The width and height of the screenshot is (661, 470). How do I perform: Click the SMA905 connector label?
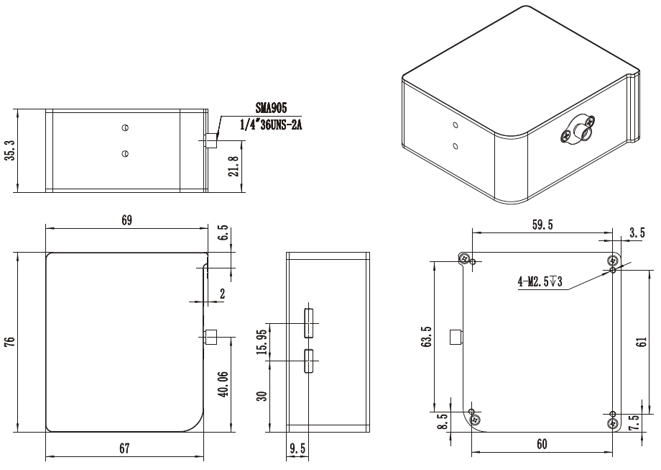271,108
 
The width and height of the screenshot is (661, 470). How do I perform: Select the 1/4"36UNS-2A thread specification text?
271,125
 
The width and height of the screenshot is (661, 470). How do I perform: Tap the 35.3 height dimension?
10,150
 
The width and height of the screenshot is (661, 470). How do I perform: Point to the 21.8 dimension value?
234,166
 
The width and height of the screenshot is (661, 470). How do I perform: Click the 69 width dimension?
126,220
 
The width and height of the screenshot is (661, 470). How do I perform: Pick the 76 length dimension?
10,342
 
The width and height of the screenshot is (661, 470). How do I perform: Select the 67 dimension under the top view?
124,448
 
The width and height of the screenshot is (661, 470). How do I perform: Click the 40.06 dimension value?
223,384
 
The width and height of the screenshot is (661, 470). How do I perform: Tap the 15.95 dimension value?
262,342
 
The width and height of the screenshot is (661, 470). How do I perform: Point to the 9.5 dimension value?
297,448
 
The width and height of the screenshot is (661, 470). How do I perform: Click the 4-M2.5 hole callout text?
540,281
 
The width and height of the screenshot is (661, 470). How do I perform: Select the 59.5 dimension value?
542,225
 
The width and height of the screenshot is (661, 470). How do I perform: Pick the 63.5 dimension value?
427,337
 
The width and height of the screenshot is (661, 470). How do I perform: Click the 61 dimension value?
642,342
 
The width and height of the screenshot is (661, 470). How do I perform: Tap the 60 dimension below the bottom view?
542,444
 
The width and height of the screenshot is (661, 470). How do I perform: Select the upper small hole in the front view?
124,128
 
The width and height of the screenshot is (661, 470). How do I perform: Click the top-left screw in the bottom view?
465,258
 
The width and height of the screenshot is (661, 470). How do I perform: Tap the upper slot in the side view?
308,323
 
